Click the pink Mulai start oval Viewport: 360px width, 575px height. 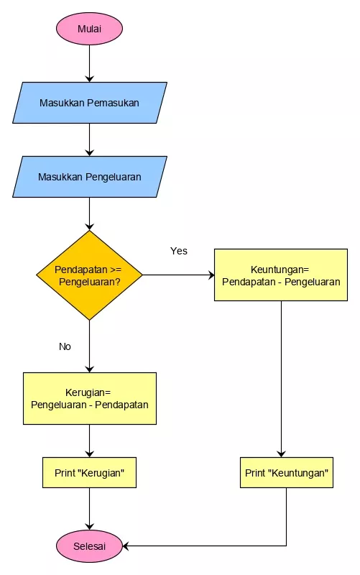pos(89,29)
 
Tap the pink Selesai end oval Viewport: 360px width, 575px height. pos(89,546)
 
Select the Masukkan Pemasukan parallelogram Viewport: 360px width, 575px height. pos(90,103)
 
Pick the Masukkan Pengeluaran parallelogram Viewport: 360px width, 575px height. pos(90,177)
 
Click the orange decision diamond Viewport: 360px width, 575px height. pos(89,275)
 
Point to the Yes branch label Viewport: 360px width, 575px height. pos(178,251)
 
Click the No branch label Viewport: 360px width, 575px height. pos(65,346)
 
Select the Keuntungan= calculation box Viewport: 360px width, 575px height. pos(281,275)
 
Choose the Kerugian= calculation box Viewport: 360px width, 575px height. pos(90,399)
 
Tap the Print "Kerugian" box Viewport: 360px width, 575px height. pos(89,473)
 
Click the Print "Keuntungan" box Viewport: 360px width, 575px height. pos(287,473)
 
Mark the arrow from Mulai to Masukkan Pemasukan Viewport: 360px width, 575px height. pos(89,63)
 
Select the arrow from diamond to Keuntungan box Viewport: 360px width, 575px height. pos(178,275)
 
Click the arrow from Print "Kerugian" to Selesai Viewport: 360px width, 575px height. pos(89,509)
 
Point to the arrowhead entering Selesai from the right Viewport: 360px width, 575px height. pos(126,546)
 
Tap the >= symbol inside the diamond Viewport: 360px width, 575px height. pos(115,270)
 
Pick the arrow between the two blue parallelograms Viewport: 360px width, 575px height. pos(89,139)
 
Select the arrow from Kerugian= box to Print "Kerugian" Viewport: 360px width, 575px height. pos(89,441)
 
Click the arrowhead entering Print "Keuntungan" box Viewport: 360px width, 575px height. pos(281,454)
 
